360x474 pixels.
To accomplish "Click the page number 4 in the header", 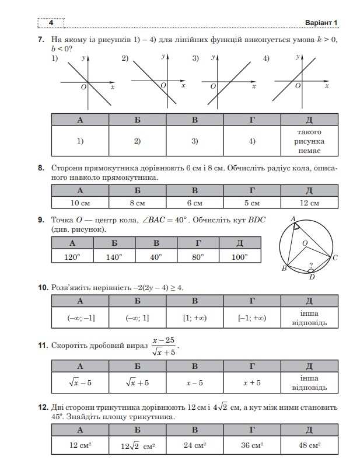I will tap(51, 23).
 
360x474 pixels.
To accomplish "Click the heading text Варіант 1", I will tap(321, 23).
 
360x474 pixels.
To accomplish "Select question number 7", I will tap(41, 40).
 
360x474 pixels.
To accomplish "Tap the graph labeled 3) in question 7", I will tap(230, 82).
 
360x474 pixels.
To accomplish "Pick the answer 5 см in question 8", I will tap(252, 203).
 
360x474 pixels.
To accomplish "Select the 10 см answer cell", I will tap(80, 203).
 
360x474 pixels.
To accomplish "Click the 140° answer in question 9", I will tap(114, 257).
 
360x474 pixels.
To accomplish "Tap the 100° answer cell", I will tap(240, 257).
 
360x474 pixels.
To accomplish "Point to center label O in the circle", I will tap(304, 243).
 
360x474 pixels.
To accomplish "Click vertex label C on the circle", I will tap(335, 257).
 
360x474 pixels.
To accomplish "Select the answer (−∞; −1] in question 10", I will tap(81, 318).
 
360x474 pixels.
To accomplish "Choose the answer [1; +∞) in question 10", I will tap(195, 318).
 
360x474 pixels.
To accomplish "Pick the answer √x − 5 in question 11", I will tap(80, 383).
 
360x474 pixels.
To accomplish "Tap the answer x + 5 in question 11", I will tap(252, 383).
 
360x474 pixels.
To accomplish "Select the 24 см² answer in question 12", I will tap(195, 445).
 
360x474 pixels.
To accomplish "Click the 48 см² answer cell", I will tap(309, 445).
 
